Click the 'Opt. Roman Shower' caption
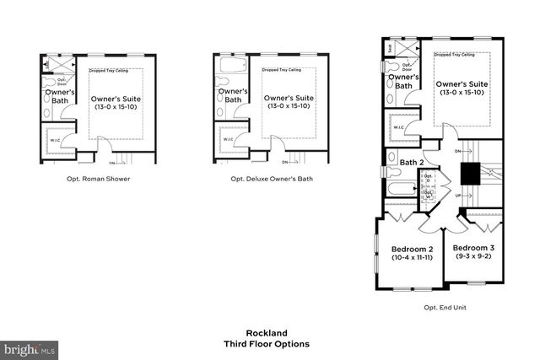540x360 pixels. point(98,179)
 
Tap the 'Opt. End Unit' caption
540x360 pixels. point(444,308)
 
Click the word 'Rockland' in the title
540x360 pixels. point(267,332)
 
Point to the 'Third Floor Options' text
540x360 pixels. point(267,344)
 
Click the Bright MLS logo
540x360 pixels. point(30,347)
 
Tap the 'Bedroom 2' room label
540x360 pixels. point(413,249)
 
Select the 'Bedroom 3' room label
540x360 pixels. point(473,248)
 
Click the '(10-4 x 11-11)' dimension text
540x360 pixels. point(413,258)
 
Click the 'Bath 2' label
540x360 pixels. point(411,162)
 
